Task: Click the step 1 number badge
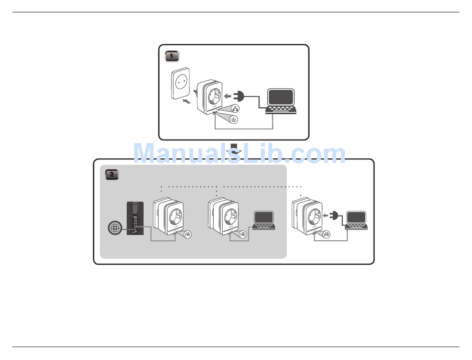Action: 171,56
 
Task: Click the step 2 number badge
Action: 112,174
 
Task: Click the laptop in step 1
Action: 281,101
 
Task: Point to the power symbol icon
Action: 234,120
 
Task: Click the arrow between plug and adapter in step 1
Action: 227,96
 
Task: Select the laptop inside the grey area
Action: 263,220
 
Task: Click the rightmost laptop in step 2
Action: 357,220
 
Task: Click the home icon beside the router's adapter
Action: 188,235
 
